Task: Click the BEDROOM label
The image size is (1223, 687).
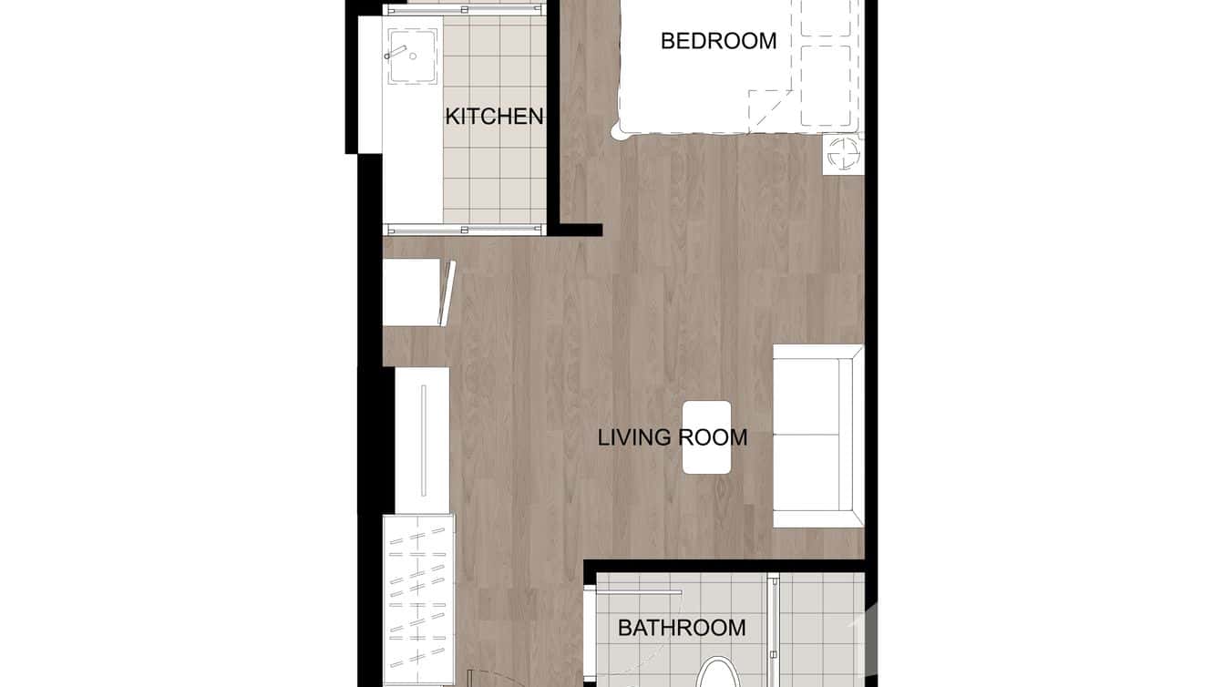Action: (x=718, y=41)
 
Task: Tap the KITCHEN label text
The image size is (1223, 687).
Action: (x=494, y=117)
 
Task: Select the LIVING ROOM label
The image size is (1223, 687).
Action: (x=673, y=437)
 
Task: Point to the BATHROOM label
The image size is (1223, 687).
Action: (x=682, y=628)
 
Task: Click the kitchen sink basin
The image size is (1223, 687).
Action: (x=413, y=56)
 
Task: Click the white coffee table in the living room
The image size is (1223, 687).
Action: (x=707, y=437)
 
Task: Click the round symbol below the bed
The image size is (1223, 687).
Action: (x=842, y=154)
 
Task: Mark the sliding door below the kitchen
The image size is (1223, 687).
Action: (x=465, y=229)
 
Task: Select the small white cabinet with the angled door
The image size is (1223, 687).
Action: (x=415, y=292)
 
